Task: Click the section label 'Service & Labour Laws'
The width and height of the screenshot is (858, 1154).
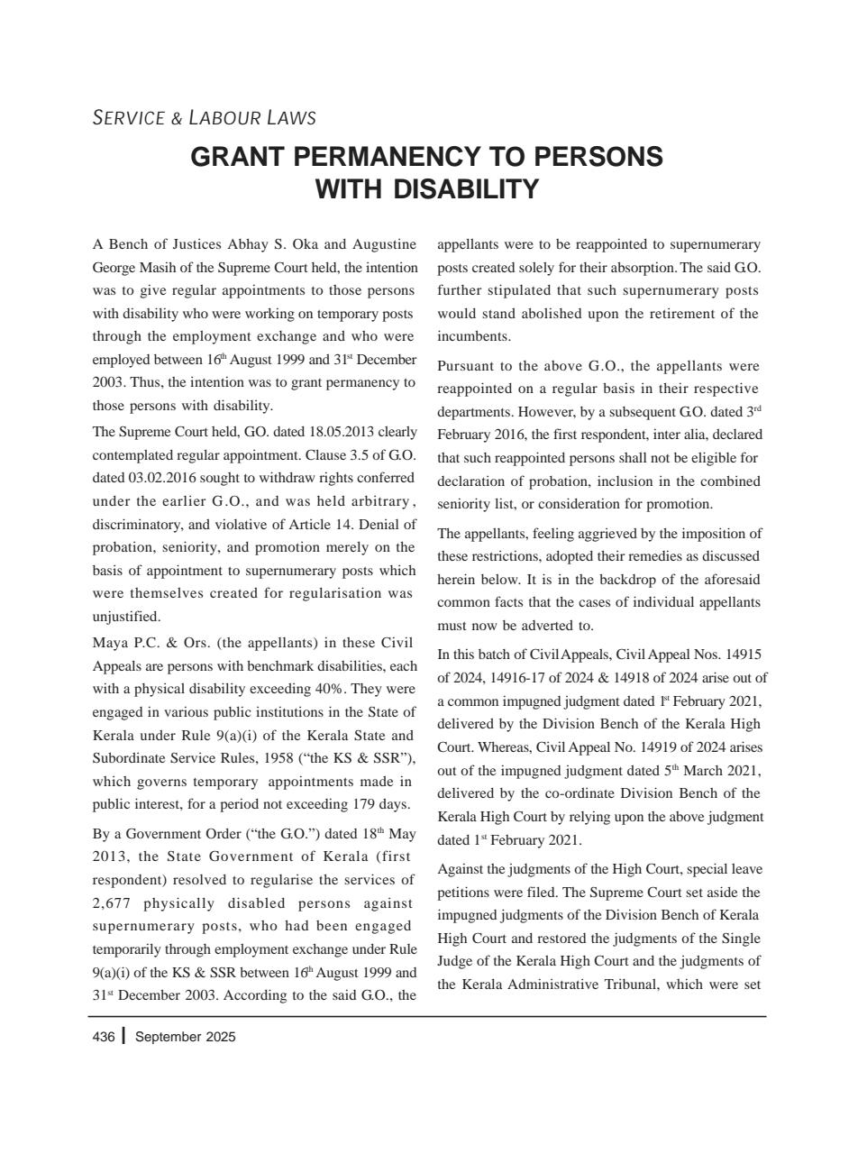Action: click(204, 118)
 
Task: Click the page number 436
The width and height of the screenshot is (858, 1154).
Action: click(104, 1037)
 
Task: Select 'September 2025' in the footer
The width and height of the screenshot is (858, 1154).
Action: click(185, 1037)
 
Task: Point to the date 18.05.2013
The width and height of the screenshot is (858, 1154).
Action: click(342, 431)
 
